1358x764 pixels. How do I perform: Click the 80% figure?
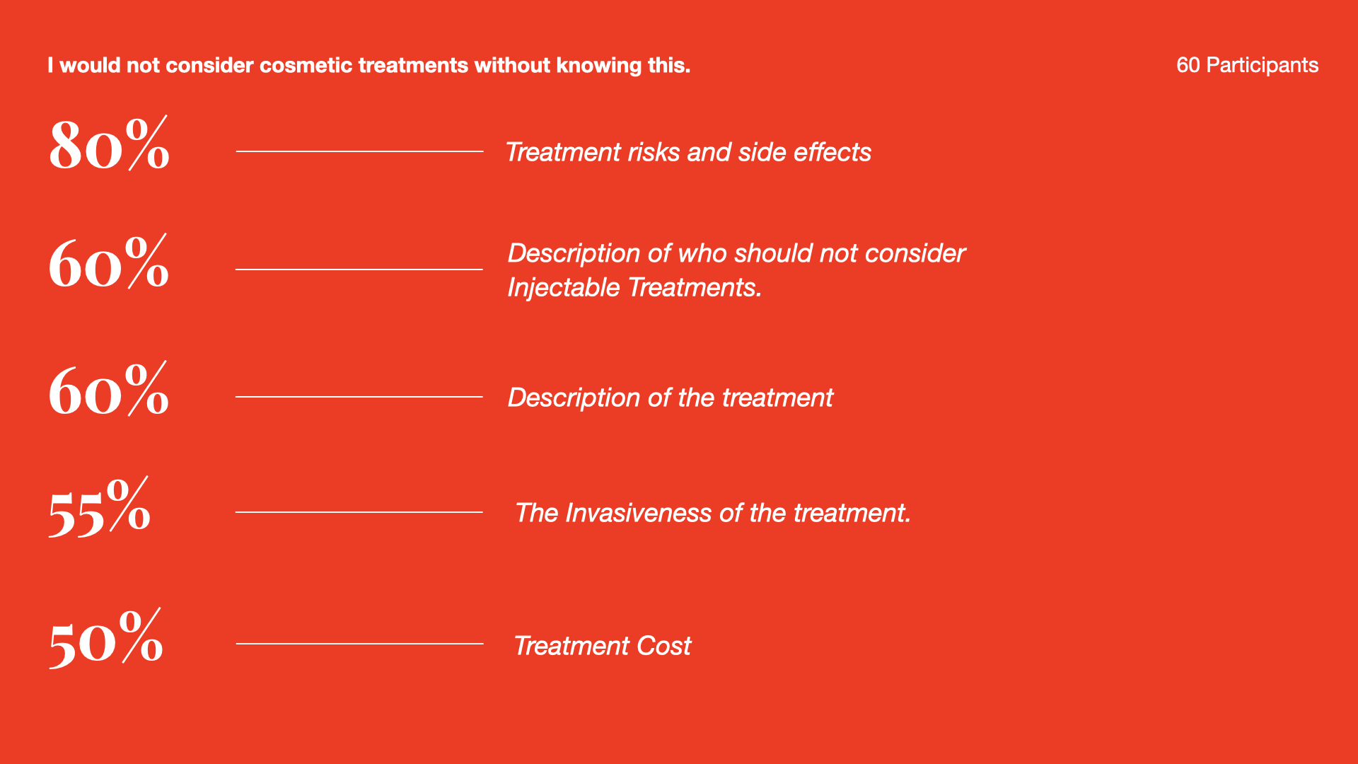coord(109,144)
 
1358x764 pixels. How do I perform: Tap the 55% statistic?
coord(100,507)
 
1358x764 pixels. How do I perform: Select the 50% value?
coord(105,638)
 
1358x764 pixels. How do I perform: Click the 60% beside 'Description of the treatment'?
coord(109,388)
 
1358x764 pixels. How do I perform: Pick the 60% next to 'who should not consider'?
coord(109,261)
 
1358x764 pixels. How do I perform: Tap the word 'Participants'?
coord(1262,65)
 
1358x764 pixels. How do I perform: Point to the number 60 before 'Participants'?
coord(1188,65)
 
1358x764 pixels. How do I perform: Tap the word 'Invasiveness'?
coord(638,513)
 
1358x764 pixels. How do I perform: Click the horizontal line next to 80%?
coord(359,151)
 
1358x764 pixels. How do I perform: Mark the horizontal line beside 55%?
coord(359,512)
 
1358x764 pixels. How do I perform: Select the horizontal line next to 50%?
coord(359,644)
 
